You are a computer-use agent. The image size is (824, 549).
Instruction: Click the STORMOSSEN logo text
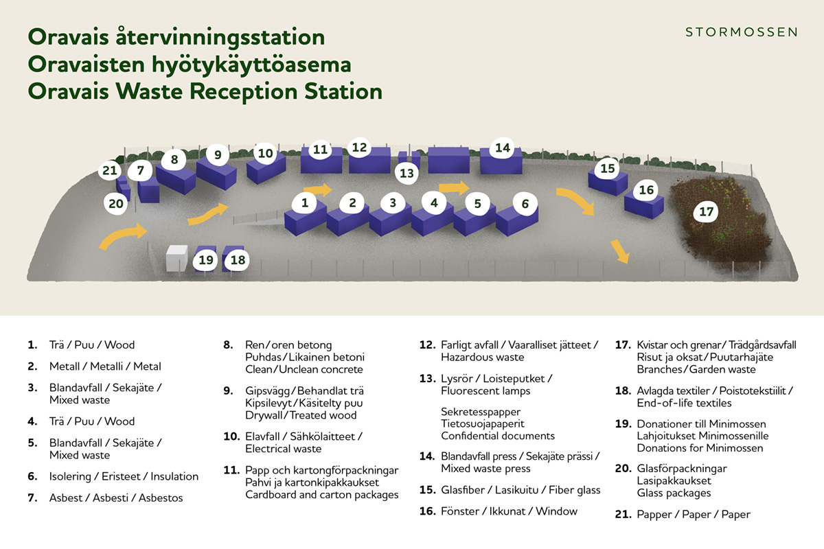point(742,32)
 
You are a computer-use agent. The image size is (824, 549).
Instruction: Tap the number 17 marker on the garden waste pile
point(707,212)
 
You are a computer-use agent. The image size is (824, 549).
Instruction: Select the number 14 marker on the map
point(503,148)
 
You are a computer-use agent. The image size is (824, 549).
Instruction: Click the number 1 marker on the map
point(304,202)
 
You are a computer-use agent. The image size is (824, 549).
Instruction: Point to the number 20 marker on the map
point(117,203)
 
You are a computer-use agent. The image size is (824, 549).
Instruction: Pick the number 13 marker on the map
point(407,173)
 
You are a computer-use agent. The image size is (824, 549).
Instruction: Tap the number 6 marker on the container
point(525,203)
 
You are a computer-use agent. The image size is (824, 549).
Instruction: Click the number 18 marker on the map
point(238,260)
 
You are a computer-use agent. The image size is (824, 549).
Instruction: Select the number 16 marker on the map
point(646,190)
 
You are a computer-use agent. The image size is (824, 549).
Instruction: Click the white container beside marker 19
point(177,259)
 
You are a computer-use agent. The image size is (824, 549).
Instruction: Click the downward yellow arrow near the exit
point(620,251)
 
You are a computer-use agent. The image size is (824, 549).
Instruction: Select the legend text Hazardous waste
point(483,357)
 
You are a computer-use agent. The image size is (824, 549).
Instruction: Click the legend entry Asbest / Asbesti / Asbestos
point(116,498)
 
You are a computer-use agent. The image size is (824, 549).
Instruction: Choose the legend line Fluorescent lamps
point(485,391)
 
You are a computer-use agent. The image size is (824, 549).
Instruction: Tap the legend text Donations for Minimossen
point(700,448)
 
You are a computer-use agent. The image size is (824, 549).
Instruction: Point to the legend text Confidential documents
point(498,436)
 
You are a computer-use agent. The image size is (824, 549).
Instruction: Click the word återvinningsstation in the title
point(215,37)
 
